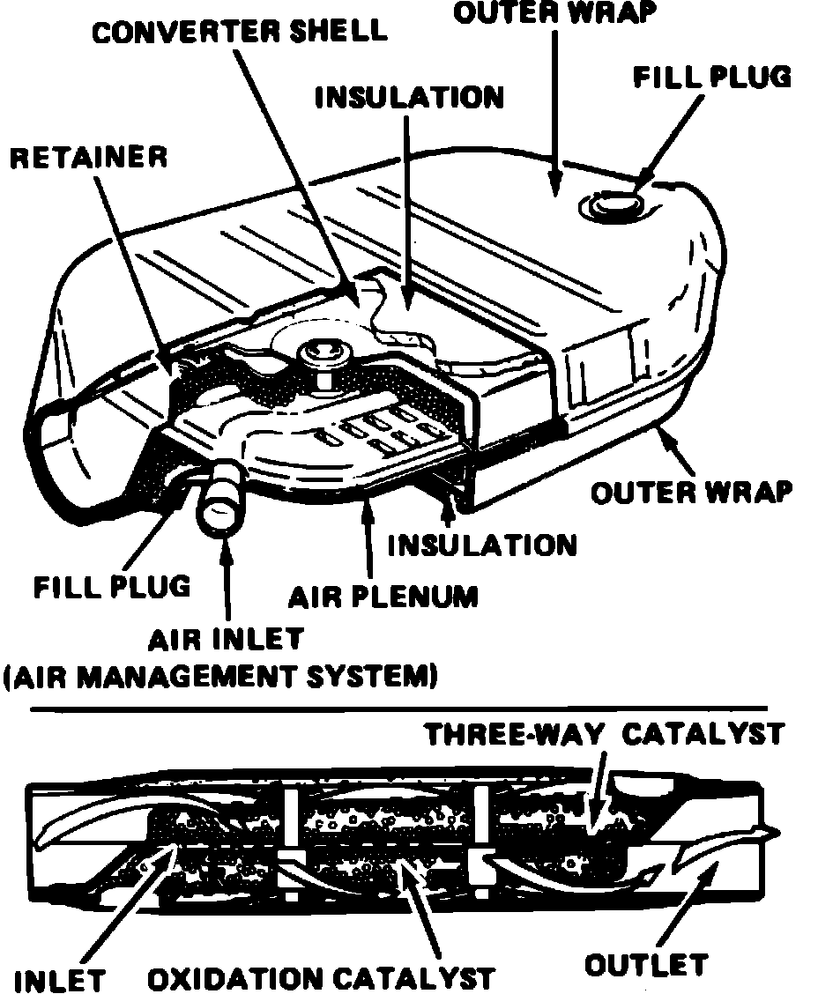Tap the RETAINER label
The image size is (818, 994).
pyautogui.click(x=88, y=157)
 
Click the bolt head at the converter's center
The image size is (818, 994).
pyautogui.click(x=321, y=355)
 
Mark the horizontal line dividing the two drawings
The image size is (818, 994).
pyautogui.click(x=397, y=707)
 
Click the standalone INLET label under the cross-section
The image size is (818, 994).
pyautogui.click(x=61, y=979)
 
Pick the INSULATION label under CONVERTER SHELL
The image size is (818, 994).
pyautogui.click(x=409, y=97)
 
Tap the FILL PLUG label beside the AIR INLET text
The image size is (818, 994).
pyautogui.click(x=112, y=585)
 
